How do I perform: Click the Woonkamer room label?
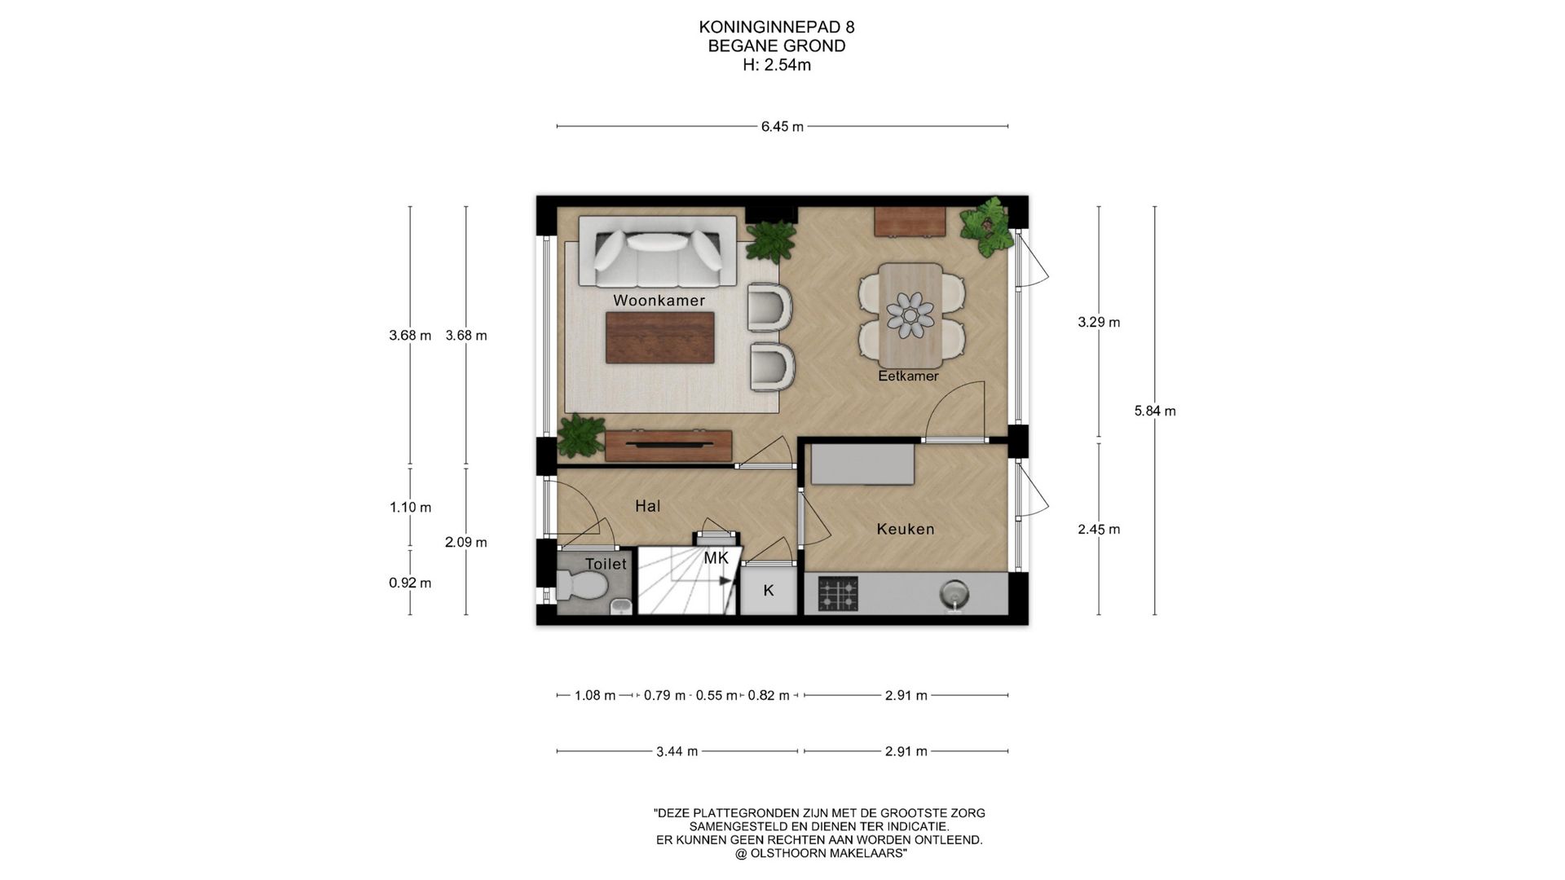click(659, 301)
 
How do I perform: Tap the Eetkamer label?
click(908, 376)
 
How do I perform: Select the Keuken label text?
click(905, 529)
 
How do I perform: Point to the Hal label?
click(647, 506)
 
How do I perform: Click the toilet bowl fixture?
click(582, 584)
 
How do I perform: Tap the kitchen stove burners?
click(838, 594)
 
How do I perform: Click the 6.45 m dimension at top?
click(782, 126)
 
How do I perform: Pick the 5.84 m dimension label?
click(1155, 411)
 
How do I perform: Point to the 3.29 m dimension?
click(1099, 322)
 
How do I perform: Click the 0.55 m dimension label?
click(716, 696)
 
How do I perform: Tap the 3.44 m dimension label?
click(677, 751)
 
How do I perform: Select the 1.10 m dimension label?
click(410, 508)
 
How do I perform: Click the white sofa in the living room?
click(659, 253)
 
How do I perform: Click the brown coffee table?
click(660, 337)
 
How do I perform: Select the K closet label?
click(768, 591)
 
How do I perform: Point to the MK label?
click(716, 558)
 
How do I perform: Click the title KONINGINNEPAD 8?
click(777, 27)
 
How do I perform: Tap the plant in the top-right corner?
click(988, 225)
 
